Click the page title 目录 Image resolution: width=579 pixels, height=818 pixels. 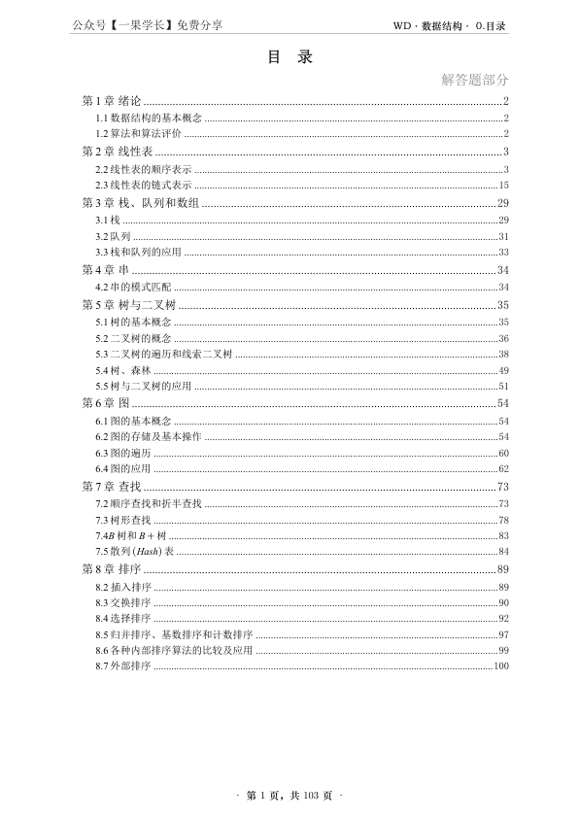click(289, 57)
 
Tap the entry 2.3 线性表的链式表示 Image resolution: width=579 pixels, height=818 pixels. click(143, 185)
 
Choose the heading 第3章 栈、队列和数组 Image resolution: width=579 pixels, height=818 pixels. click(141, 203)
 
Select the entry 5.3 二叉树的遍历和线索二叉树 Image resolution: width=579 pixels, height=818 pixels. click(164, 355)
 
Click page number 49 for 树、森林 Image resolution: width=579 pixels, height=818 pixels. click(504, 371)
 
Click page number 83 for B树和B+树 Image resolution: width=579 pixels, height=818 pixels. click(504, 536)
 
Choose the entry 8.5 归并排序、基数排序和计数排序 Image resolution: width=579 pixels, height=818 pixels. click(174, 634)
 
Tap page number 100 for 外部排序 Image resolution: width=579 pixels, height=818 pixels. click(501, 666)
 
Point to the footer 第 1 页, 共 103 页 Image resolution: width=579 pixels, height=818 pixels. click(289, 796)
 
